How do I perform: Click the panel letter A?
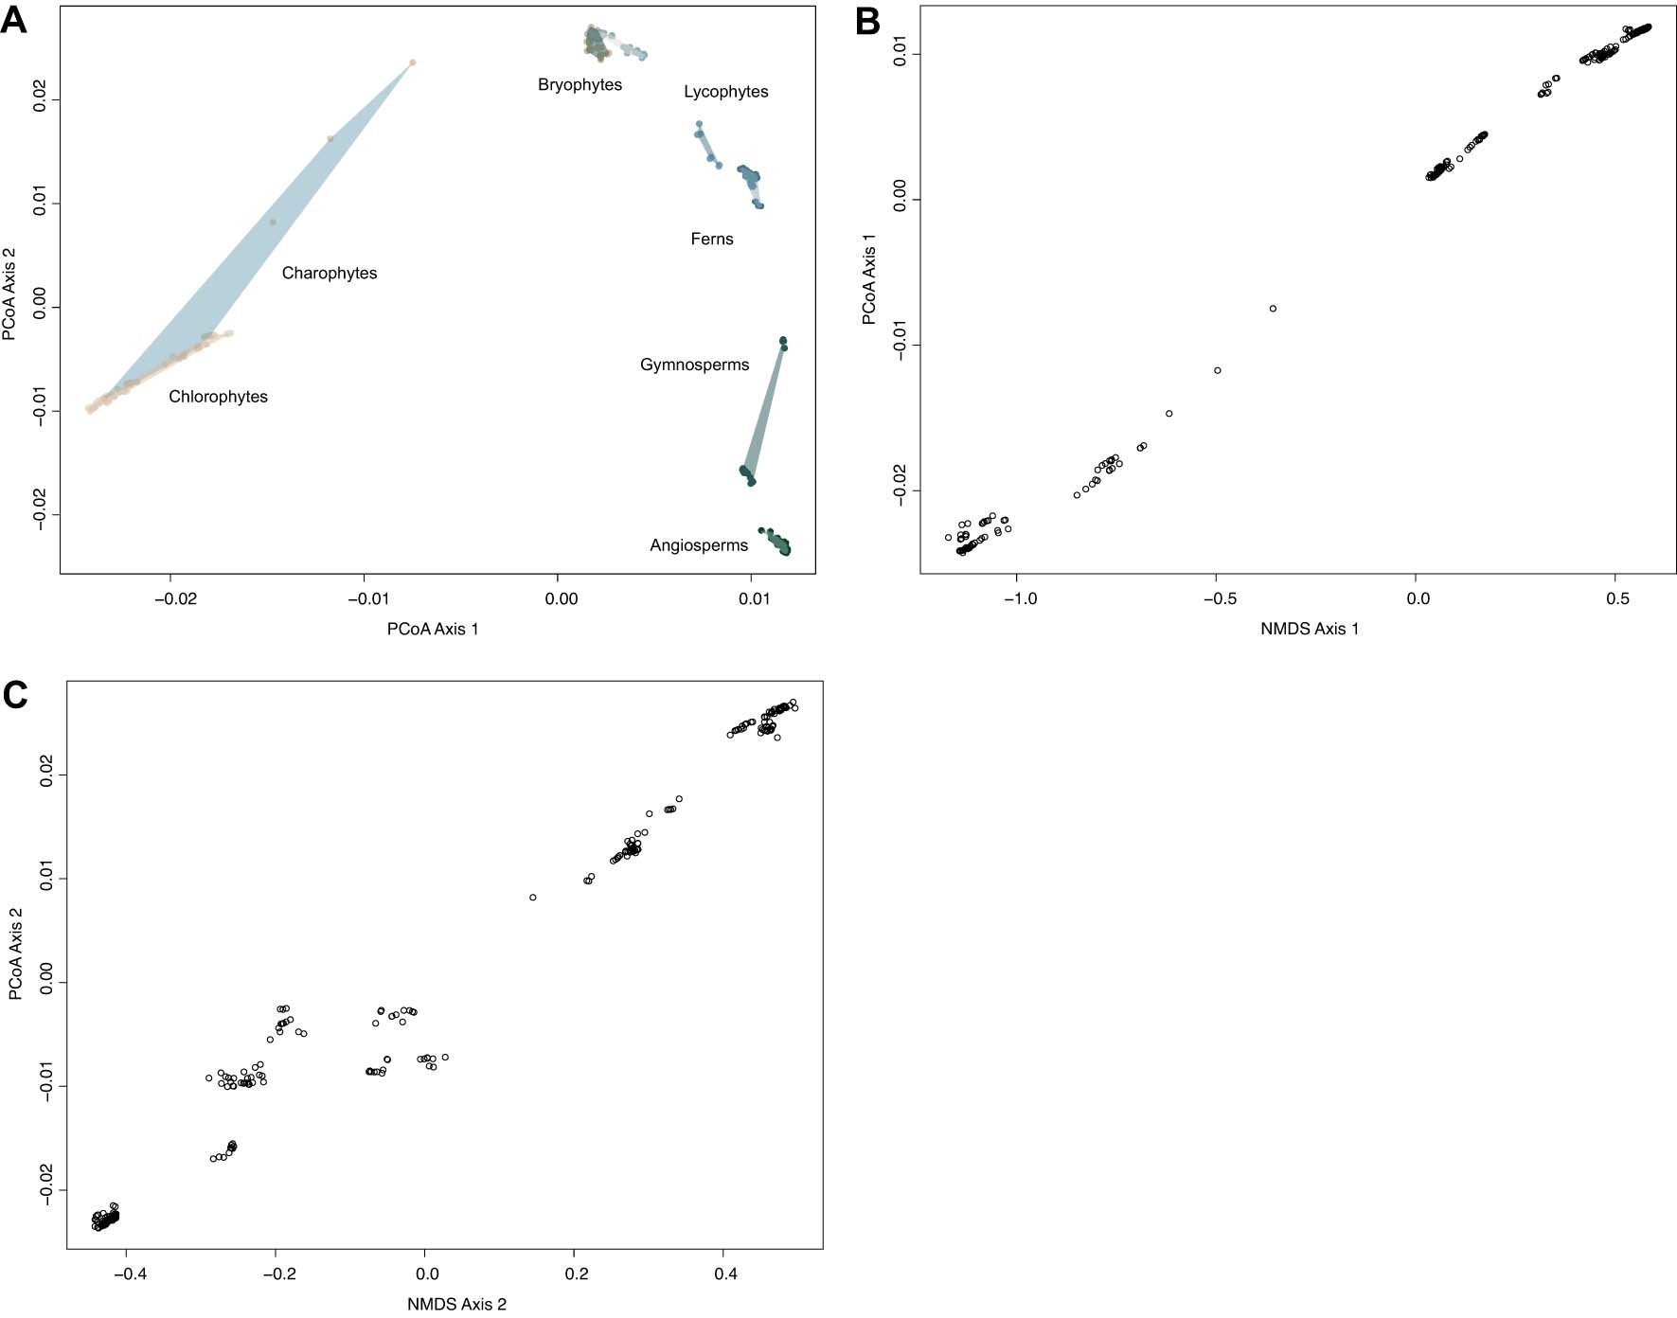(13, 21)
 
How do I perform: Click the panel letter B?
(867, 21)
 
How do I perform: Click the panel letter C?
(15, 696)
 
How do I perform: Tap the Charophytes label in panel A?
(330, 274)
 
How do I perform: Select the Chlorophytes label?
(218, 397)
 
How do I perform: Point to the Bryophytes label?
(580, 85)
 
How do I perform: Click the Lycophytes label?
(725, 92)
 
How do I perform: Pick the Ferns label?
(711, 240)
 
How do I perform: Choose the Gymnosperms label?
(694, 365)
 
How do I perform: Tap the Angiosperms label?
(698, 545)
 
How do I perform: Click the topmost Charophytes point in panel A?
(412, 62)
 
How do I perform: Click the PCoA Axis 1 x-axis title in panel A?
(433, 630)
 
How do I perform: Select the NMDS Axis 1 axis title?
(1309, 630)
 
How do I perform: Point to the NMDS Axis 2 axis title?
(456, 1305)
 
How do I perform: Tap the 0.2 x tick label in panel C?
(576, 1274)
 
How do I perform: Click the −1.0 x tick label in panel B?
(1019, 599)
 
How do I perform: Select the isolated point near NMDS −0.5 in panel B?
(1218, 370)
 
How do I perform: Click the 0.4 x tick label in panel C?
(725, 1274)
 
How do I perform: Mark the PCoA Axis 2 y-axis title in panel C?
(16, 953)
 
